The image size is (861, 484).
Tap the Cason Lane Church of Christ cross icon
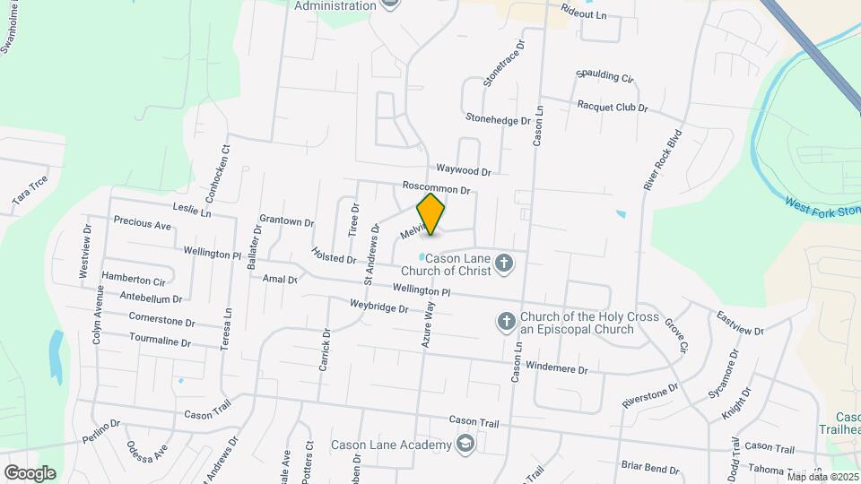click(x=505, y=264)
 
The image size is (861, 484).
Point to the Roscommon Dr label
click(x=437, y=189)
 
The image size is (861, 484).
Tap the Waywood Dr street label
click(x=464, y=170)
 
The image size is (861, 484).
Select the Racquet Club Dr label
click(x=613, y=106)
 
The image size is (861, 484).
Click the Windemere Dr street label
click(x=556, y=368)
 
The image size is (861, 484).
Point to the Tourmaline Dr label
click(x=160, y=341)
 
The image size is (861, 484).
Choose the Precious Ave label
click(x=142, y=224)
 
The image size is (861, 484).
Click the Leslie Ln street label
click(x=193, y=212)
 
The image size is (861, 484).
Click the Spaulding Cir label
click(x=604, y=76)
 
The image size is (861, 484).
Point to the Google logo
click(x=30, y=472)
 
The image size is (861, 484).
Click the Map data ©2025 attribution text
click(x=822, y=477)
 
